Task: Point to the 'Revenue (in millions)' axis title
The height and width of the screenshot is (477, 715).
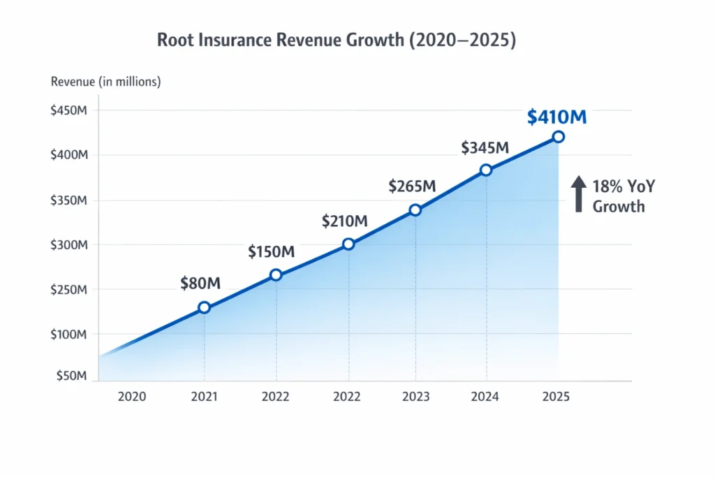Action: point(106,82)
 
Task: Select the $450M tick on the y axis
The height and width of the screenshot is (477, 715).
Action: point(68,111)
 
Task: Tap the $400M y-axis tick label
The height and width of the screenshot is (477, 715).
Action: point(68,155)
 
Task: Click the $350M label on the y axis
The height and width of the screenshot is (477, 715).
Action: point(68,200)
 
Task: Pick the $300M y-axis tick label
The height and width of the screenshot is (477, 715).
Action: point(68,245)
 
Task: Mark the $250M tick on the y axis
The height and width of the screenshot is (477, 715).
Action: point(68,290)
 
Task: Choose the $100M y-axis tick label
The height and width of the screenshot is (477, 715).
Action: point(68,335)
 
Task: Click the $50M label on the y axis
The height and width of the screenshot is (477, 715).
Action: point(71,376)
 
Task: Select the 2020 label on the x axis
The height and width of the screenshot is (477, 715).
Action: point(132,397)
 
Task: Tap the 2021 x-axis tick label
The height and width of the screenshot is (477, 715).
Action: point(204,397)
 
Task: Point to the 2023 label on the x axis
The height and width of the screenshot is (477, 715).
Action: point(415,397)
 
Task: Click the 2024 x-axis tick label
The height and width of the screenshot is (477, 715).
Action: point(485,397)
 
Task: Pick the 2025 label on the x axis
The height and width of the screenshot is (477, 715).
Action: point(556,397)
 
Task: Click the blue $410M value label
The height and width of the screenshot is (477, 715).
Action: point(556,117)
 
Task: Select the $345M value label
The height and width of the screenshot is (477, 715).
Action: point(485,148)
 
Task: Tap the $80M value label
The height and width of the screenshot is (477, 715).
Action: point(200,283)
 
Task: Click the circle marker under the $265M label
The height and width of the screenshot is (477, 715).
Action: point(415,210)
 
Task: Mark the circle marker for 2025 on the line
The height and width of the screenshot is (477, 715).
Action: point(558,137)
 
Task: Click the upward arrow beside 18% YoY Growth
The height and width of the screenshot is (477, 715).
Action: point(579,193)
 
